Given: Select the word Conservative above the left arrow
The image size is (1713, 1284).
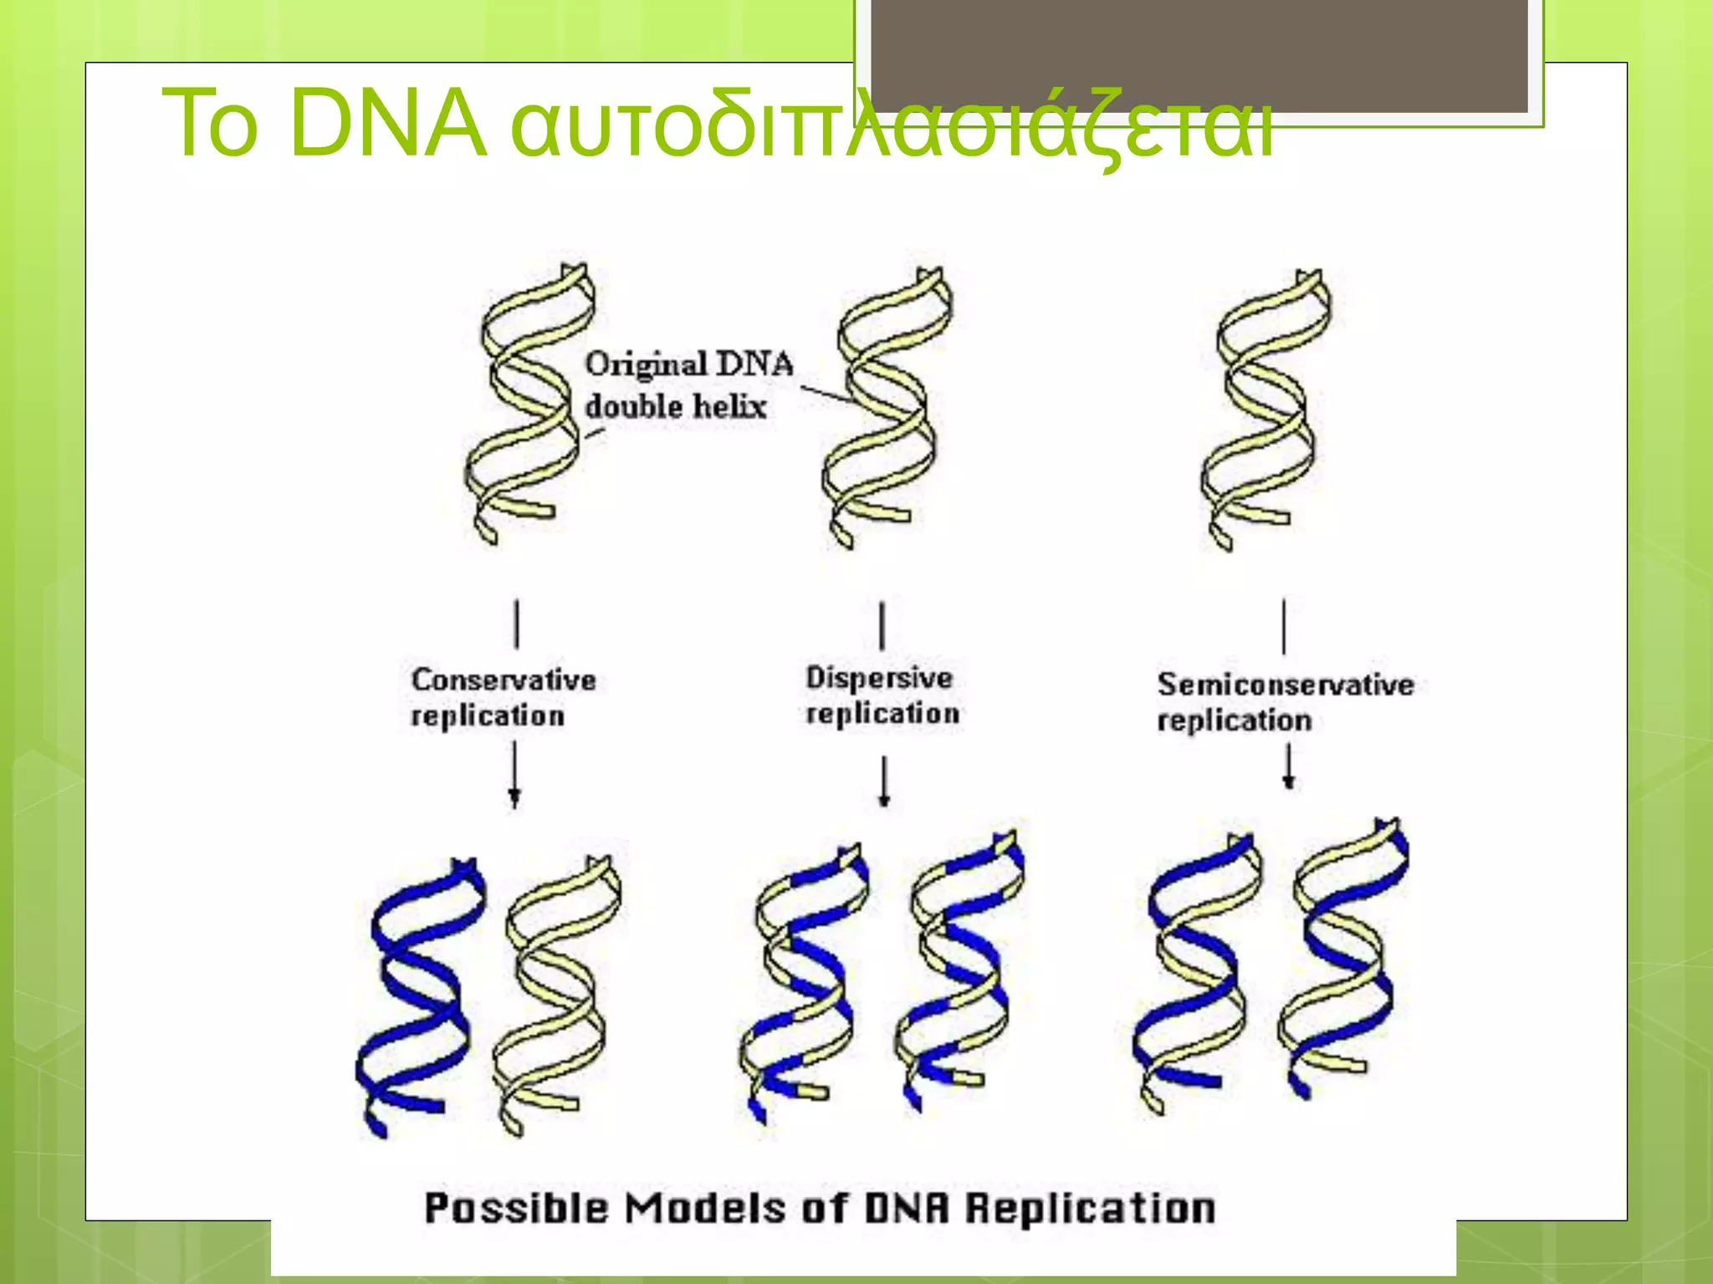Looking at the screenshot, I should pyautogui.click(x=504, y=680).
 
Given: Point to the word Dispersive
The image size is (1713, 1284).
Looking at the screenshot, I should pyautogui.click(x=879, y=677).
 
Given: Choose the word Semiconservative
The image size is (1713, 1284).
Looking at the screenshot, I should pyautogui.click(x=1286, y=685).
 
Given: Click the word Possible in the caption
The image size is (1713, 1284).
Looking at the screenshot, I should pyautogui.click(x=516, y=1209).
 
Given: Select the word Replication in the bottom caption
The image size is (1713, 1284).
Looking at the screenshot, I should pyautogui.click(x=1090, y=1209).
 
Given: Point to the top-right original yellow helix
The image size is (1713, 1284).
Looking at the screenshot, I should pyautogui.click(x=1265, y=410).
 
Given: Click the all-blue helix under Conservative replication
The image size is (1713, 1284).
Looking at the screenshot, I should pyautogui.click(x=418, y=995).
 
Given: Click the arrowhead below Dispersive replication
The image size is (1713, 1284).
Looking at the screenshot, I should pyautogui.click(x=884, y=798).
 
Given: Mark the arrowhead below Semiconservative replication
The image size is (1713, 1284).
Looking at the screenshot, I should pyautogui.click(x=1289, y=782).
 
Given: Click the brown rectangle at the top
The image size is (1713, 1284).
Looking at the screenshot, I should pyautogui.click(x=1199, y=54).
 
